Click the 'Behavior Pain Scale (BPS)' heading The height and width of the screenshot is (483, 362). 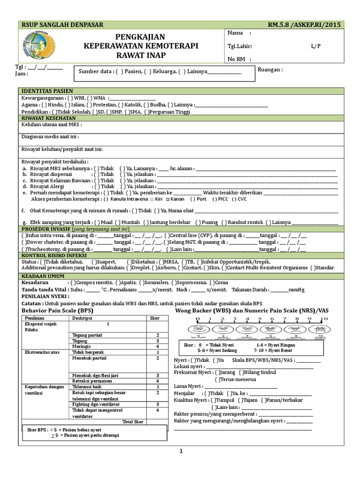pyautogui.click(x=58, y=312)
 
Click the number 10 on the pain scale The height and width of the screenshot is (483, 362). pyautogui.click(x=324, y=320)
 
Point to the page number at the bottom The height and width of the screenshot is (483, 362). pyautogui.click(x=181, y=451)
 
